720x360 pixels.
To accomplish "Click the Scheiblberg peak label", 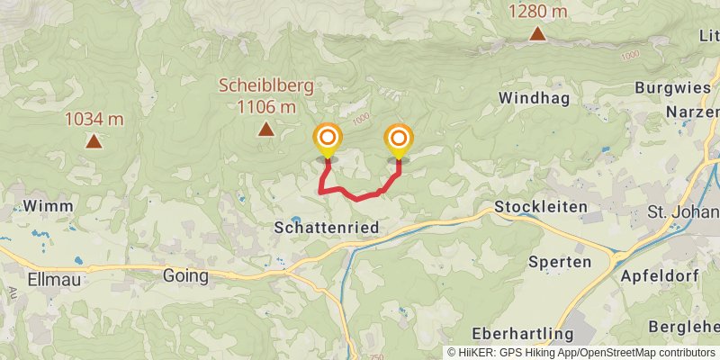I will point(266,87).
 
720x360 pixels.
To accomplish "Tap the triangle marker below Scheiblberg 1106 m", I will point(265,130).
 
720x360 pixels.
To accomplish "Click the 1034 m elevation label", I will point(94,119).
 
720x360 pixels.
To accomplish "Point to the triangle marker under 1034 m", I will point(93,140).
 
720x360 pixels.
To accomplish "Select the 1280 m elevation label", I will point(537,12).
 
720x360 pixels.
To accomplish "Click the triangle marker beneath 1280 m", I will point(537,34).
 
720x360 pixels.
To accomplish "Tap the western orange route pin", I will point(328,139).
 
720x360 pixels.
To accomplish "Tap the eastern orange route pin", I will point(398,139).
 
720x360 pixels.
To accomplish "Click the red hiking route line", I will point(356,196).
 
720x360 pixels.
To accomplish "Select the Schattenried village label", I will point(326,229).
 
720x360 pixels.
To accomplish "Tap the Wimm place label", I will point(42,205).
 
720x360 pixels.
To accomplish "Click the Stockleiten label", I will point(541,207).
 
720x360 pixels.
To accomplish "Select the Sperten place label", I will point(560,262).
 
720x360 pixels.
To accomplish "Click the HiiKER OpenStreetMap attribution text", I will point(582,353).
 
